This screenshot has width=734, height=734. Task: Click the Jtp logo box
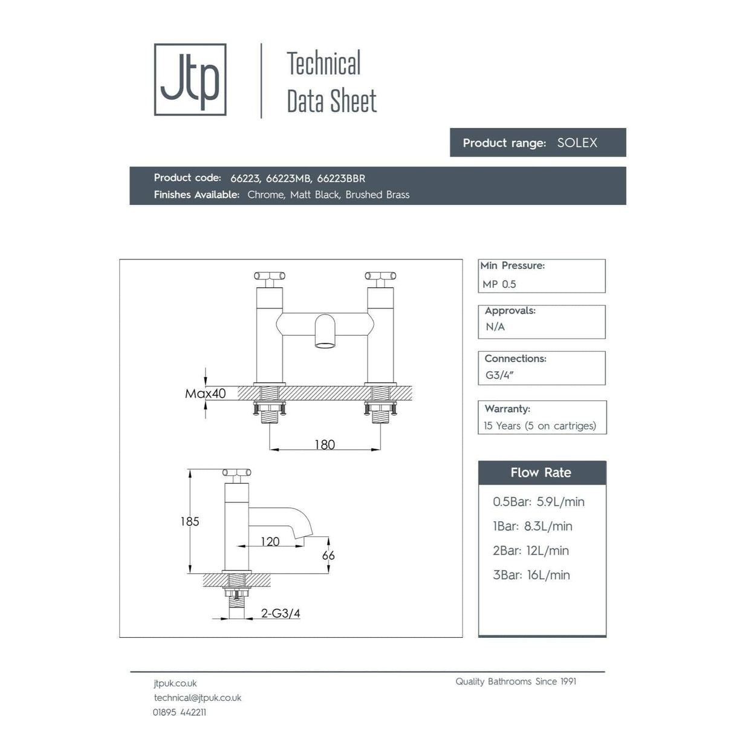coord(190,79)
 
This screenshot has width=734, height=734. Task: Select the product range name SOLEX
coord(577,143)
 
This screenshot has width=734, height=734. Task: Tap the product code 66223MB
coord(288,178)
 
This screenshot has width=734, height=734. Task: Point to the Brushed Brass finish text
coord(377,195)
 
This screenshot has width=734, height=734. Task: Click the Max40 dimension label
coord(206,394)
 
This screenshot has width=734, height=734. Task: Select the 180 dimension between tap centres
coord(325,444)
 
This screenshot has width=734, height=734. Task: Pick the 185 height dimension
coord(189,521)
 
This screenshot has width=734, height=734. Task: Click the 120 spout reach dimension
coord(270,541)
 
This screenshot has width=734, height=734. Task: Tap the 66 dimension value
coord(328,555)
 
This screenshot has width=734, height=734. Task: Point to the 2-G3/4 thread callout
coord(281,613)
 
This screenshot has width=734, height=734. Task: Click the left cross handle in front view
coord(269,277)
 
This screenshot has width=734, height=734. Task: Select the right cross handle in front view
coord(380,277)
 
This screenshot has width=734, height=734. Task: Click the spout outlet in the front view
coord(325,345)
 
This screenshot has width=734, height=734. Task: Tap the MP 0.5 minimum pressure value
coord(499,284)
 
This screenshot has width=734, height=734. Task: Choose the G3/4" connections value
coord(499,375)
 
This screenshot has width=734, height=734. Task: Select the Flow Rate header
coord(541,473)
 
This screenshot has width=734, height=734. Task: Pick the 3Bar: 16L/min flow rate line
coord(531,575)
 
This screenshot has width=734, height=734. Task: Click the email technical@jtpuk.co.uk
coord(198,698)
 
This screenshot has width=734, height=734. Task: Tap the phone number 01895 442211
coord(180,712)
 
